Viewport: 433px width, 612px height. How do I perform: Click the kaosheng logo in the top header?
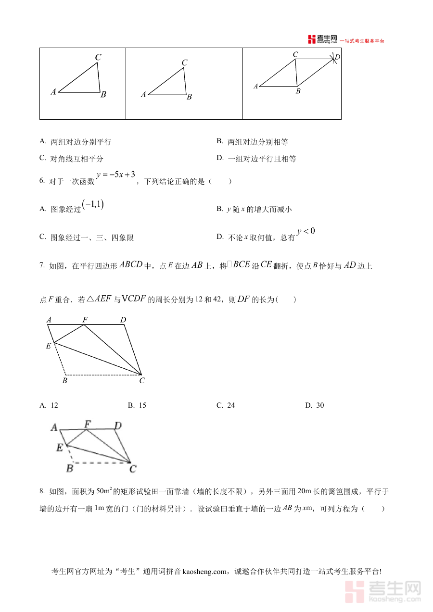tap(322, 40)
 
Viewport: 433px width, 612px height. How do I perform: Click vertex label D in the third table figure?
tap(337, 57)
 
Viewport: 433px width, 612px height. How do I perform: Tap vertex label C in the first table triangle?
tap(98, 58)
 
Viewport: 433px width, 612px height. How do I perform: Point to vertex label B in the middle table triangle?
tap(189, 97)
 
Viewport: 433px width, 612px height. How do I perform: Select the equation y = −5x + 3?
tap(115, 175)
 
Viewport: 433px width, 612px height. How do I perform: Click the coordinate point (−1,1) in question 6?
tap(93, 204)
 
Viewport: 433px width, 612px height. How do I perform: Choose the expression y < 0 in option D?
tap(306, 231)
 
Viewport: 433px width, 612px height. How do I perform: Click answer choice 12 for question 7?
tap(54, 405)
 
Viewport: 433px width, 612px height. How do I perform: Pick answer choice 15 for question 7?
tap(142, 405)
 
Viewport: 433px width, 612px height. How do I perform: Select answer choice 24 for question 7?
tap(231, 405)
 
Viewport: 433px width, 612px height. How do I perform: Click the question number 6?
tap(42, 181)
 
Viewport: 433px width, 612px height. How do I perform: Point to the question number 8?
tap(42, 491)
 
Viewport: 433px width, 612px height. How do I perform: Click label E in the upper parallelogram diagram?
tap(48, 346)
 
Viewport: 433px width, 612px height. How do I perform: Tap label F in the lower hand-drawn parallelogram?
tap(88, 424)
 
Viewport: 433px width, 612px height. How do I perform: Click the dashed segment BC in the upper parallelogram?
tap(103, 375)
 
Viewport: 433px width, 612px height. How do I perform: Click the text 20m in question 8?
tap(305, 491)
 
